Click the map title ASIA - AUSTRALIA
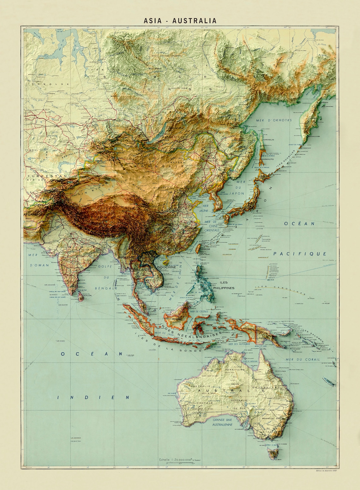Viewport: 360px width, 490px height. click(x=180, y=21)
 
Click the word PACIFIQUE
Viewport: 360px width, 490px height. click(x=300, y=253)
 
